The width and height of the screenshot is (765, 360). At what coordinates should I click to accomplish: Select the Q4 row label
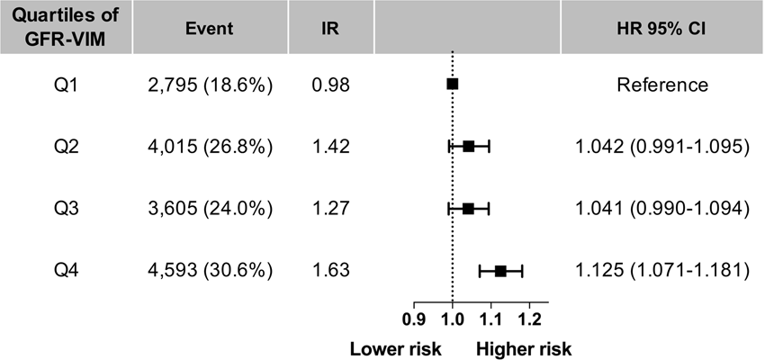pos(62,270)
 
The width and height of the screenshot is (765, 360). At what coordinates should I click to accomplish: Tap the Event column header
pos(209,28)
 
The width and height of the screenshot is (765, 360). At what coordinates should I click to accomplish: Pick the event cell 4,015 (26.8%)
pos(209,146)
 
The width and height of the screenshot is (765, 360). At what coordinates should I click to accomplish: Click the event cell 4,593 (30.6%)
pos(209,270)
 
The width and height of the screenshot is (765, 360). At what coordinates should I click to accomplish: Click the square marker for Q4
pos(499,270)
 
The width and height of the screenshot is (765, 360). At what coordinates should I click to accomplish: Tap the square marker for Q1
pos(452,84)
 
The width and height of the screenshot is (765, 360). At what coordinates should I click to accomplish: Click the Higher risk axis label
pos(524,347)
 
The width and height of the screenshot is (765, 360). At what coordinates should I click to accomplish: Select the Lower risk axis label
pos(390,347)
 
